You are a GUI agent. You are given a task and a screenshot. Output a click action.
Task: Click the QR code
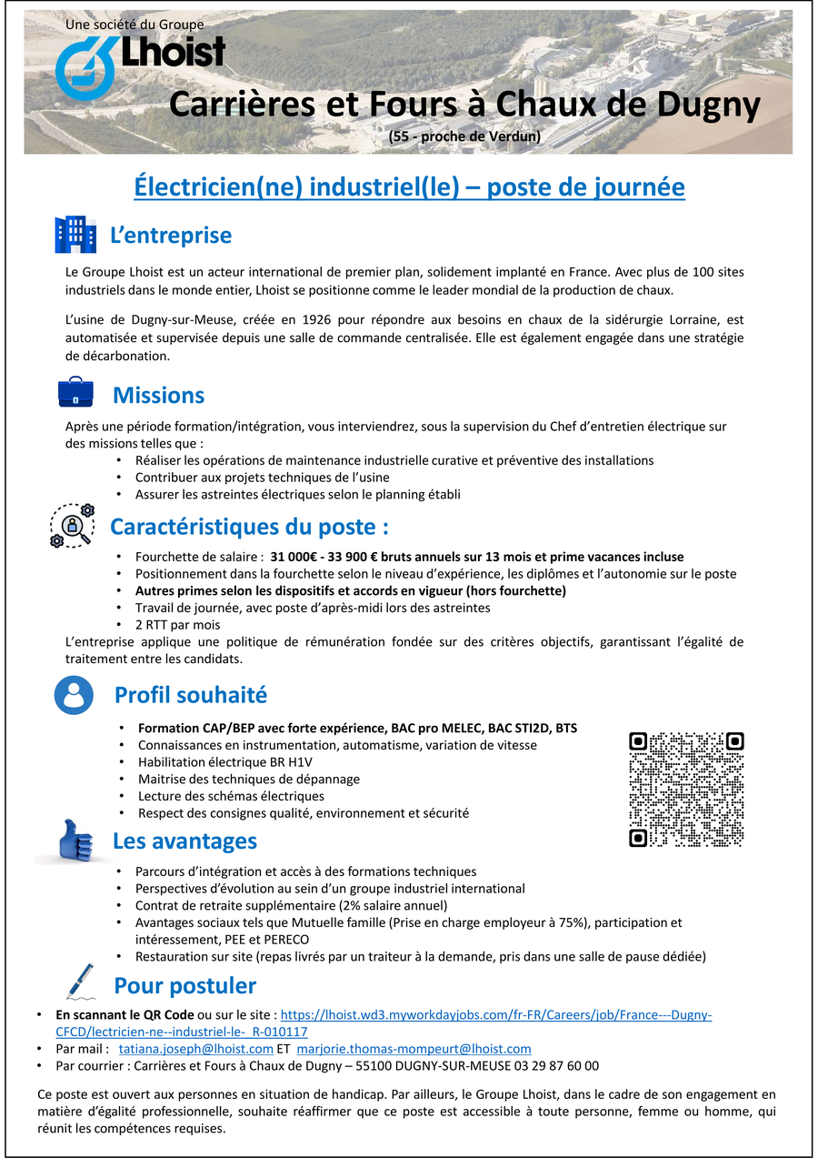click(x=686, y=789)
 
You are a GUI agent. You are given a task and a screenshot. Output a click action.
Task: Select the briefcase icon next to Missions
click(x=76, y=393)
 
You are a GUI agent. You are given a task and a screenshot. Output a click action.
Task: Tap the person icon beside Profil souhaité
click(x=74, y=695)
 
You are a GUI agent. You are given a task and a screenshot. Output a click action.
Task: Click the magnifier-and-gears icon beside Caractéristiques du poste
click(x=72, y=526)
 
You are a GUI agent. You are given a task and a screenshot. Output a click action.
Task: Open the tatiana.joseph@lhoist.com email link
click(x=196, y=1049)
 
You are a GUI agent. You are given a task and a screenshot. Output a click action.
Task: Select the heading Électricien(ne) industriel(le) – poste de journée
click(x=409, y=187)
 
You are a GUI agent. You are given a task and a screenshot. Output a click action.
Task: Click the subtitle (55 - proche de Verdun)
click(x=464, y=137)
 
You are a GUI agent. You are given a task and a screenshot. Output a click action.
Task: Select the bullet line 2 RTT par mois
click(x=177, y=625)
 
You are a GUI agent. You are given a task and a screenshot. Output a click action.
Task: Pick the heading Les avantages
click(x=185, y=841)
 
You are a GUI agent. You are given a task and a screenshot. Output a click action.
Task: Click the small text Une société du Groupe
click(x=135, y=25)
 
